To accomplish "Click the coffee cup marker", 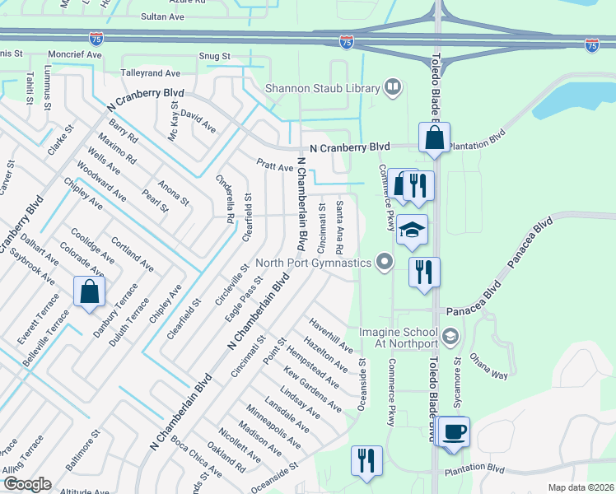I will coord(453,433).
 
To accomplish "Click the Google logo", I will coord(26,484).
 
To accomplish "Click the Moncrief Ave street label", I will coord(74,54).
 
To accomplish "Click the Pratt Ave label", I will coord(274,166).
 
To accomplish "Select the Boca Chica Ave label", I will coord(195,456).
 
